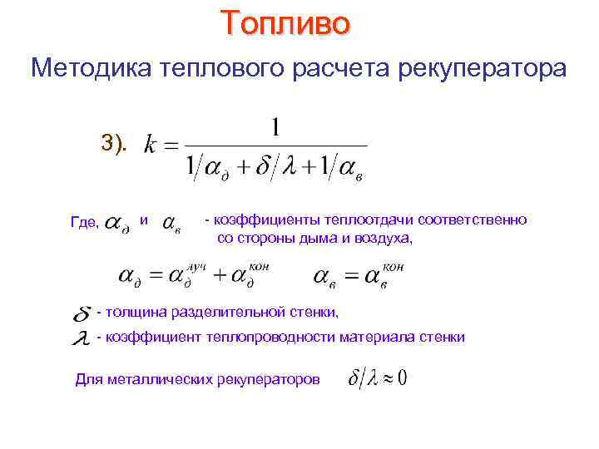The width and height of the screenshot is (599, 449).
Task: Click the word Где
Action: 85,222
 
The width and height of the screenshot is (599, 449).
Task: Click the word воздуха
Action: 384,238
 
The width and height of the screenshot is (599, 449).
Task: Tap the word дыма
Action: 333,238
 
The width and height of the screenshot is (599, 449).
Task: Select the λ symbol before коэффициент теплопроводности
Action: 82,339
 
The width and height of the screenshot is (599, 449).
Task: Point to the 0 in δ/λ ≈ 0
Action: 400,378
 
